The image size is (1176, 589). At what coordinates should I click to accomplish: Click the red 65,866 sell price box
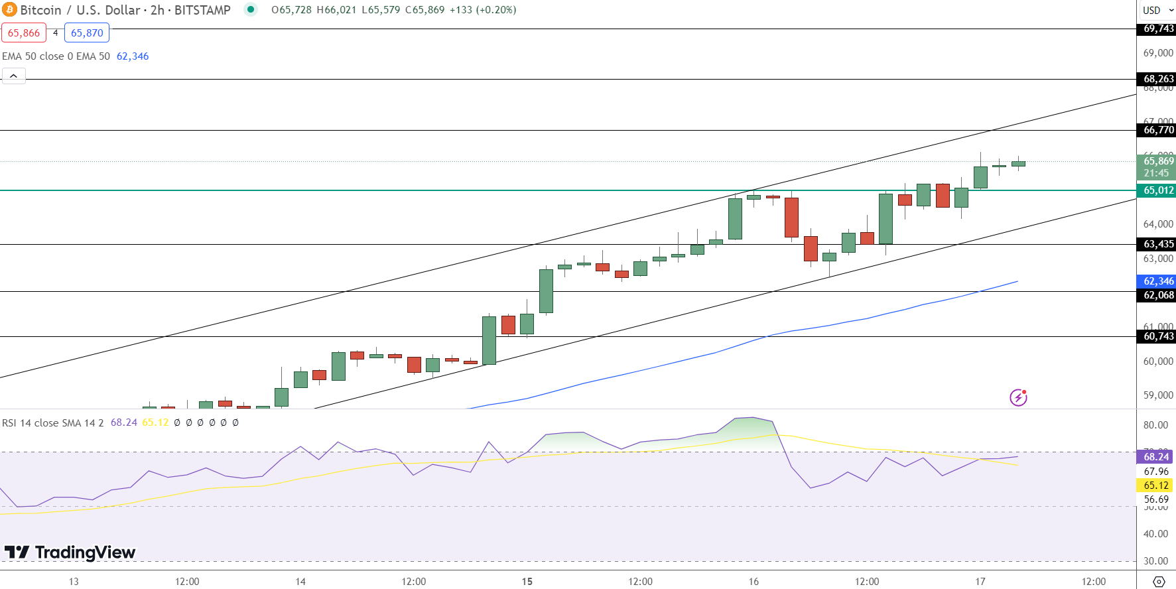[24, 33]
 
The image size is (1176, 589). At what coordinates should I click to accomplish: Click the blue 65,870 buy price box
[87, 33]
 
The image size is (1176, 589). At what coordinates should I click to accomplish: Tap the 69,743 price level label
[1158, 29]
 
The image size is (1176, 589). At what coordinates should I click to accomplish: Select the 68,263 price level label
[1158, 79]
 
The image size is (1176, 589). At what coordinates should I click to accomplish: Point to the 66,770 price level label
[1158, 130]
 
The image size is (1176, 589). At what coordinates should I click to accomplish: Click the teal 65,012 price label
[1158, 190]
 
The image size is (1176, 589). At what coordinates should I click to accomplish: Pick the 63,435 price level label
[1158, 244]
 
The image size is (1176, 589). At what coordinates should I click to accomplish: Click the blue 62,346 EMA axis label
[1158, 281]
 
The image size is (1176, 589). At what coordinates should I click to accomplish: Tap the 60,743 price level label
[1158, 336]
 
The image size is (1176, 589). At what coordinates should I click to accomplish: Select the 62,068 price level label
[1158, 295]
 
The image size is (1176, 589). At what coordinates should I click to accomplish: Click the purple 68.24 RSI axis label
[1155, 456]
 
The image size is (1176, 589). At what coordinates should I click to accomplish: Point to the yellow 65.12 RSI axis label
[1155, 486]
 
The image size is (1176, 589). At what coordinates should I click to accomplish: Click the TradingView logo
[70, 552]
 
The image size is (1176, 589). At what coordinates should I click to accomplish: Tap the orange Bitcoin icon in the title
[9, 10]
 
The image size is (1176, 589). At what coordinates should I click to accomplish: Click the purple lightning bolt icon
[1018, 397]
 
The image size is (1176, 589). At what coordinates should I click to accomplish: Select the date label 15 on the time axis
[527, 582]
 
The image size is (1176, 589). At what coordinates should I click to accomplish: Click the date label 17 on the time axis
[980, 582]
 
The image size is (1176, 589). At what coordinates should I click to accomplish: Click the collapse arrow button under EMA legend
[14, 76]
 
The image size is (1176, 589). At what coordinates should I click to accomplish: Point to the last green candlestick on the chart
[1018, 163]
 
